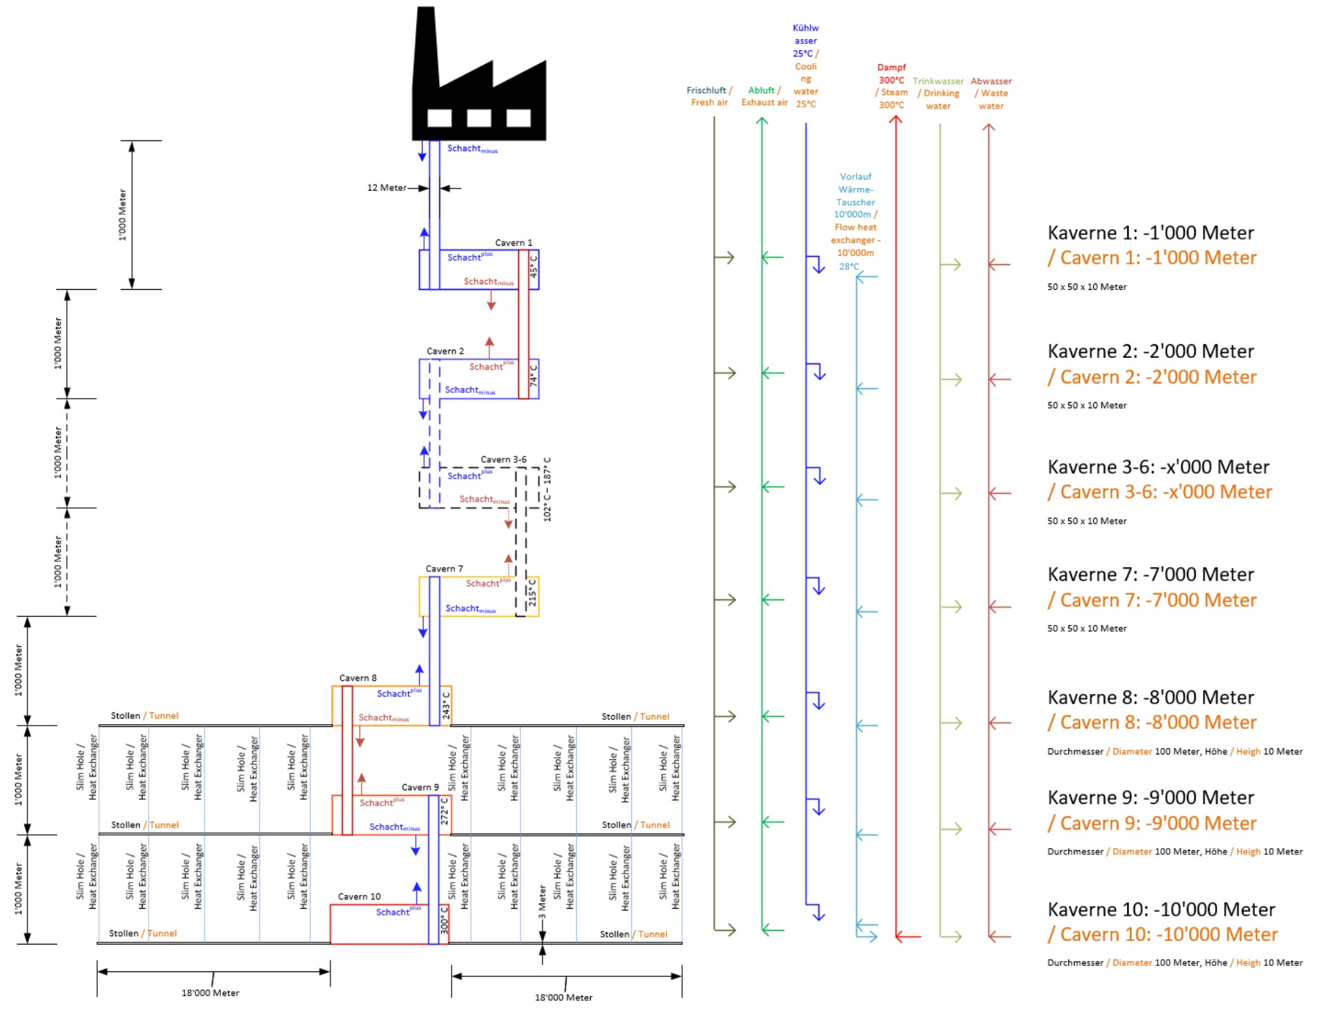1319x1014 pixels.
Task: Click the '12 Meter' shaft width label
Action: (386, 188)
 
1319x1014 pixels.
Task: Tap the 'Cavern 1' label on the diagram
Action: (514, 243)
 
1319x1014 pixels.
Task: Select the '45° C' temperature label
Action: (534, 267)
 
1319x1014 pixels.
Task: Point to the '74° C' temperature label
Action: (534, 376)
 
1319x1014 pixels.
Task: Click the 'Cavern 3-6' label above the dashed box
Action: (503, 460)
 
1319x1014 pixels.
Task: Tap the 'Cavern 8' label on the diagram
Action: (358, 678)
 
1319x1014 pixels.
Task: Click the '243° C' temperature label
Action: (446, 706)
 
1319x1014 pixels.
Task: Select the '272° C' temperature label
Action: (445, 812)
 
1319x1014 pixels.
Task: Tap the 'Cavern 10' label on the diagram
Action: (359, 896)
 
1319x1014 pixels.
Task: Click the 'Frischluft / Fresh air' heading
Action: (709, 96)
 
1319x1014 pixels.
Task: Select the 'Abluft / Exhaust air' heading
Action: (764, 96)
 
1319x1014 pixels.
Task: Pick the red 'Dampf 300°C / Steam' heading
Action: (891, 86)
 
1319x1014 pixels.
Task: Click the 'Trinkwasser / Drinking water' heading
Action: (938, 94)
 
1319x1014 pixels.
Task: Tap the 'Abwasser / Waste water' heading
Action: (991, 94)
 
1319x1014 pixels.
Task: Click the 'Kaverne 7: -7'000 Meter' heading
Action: (1150, 575)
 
